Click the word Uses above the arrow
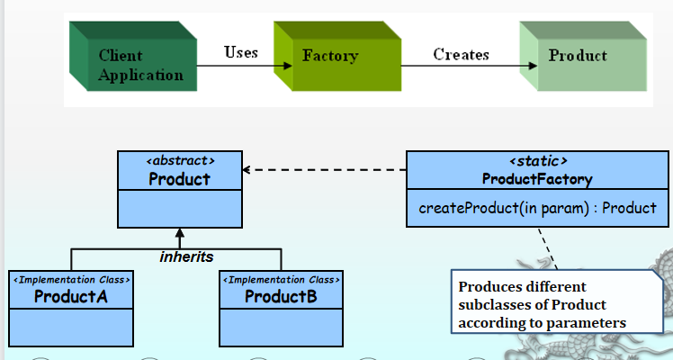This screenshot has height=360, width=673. [240, 52]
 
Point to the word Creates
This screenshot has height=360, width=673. [461, 55]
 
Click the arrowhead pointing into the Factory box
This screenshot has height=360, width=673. [286, 66]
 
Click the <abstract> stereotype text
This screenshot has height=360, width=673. [180, 161]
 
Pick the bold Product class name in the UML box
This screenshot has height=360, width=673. [180, 178]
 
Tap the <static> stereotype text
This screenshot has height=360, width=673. [537, 161]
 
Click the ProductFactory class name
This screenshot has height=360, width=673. [537, 179]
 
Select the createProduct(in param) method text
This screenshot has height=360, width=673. [537, 208]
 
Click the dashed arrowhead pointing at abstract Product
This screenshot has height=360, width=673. [248, 169]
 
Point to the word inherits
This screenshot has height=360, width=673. [186, 257]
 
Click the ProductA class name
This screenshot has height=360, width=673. [71, 296]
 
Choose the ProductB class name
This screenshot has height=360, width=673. [280, 296]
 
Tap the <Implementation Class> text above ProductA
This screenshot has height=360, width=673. [71, 280]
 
